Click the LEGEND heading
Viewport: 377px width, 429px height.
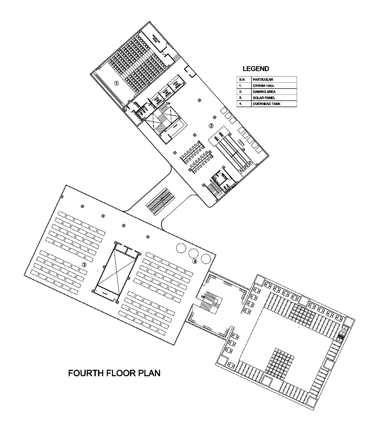pos(256,69)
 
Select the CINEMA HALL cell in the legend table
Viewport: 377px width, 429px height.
pos(263,85)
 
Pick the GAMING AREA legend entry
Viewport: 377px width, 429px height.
pos(264,92)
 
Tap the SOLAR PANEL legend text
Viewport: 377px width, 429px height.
pos(264,98)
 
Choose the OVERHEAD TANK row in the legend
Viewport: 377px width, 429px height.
pos(266,104)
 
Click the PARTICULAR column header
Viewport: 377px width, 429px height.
pos(263,80)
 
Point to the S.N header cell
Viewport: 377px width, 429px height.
pos(242,80)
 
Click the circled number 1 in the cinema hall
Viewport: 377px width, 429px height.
pos(117,83)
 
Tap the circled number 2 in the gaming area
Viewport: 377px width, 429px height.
pos(211,126)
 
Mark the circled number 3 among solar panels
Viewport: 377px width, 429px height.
pos(84,264)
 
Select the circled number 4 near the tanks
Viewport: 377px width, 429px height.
pos(195,261)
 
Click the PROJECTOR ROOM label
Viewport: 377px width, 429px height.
pos(156,39)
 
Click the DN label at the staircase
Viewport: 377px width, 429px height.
pos(168,103)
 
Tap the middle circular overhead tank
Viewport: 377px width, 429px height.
pos(193,253)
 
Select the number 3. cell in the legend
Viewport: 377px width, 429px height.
pos(241,98)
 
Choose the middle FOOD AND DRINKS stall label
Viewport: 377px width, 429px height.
pos(166,92)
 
